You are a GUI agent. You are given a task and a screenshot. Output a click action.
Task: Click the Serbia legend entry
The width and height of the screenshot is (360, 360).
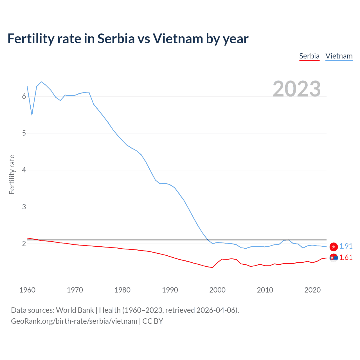309,56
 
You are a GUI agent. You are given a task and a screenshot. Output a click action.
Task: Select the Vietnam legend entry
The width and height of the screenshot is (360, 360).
339,56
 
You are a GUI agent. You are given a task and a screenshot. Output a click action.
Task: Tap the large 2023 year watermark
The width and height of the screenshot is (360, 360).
296,89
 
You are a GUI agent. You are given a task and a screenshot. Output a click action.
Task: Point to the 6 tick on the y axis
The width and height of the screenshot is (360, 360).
24,96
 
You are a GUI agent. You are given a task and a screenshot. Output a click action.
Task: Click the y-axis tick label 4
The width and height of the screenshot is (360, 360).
24,170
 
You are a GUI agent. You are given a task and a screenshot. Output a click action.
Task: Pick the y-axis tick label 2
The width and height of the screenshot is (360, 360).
24,244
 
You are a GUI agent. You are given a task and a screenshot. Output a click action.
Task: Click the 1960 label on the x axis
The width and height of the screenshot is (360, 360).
27,290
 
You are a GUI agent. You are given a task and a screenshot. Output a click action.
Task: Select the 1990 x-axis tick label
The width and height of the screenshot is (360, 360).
170,290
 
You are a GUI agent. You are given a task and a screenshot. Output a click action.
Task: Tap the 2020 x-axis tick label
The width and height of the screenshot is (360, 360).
312,290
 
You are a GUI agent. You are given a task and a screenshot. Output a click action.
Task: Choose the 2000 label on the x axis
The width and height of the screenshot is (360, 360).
217,290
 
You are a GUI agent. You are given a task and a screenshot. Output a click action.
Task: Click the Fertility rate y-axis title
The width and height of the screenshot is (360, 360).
12,174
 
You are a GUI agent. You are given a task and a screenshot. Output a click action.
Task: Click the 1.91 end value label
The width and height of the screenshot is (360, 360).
346,246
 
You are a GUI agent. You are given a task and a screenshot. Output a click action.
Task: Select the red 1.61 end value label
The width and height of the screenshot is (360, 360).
346,258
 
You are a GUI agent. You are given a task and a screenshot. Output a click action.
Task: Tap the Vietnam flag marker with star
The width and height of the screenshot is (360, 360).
334,247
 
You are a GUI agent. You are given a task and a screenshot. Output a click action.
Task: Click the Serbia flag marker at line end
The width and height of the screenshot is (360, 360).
334,258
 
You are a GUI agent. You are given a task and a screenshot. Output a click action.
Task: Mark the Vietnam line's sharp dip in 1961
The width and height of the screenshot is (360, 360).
32,115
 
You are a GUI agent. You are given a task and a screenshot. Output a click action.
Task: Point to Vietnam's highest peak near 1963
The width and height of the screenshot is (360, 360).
41,82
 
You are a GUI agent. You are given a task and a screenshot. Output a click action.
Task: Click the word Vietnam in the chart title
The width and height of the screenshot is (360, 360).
178,39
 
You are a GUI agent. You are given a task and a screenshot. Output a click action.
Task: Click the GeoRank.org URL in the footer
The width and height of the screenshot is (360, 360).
74,321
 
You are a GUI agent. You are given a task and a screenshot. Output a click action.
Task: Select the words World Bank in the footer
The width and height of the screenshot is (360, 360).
75,310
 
